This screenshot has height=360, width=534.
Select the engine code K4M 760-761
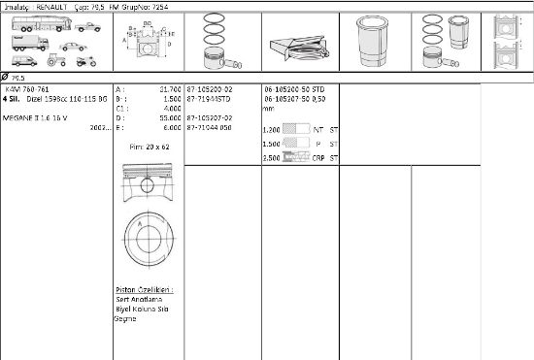pyautogui.click(x=25, y=88)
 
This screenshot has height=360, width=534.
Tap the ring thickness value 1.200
pyautogui.click(x=272, y=129)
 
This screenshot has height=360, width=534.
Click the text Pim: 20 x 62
pyautogui.click(x=149, y=147)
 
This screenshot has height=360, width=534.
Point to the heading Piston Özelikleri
pyautogui.click(x=144, y=289)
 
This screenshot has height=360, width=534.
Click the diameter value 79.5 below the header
pyautogui.click(x=18, y=76)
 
